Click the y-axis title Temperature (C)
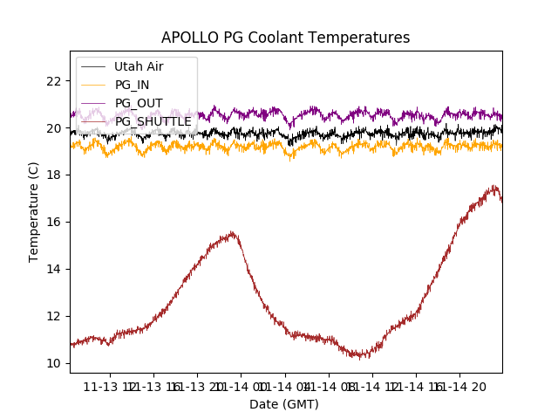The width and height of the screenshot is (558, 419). tap(34, 212)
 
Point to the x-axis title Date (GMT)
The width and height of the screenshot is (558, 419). tap(284, 404)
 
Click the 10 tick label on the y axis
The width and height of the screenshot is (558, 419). tap(53, 363)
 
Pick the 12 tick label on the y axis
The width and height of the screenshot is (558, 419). tap(53, 316)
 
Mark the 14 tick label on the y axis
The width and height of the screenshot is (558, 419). tap(53, 269)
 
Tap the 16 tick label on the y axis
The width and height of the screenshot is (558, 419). tap(53, 222)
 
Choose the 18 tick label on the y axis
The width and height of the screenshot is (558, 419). tap(53, 175)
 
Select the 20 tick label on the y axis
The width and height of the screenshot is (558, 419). tap(53, 128)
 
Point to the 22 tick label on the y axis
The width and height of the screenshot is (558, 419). tap(53, 81)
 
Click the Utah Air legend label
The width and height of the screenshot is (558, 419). tap(139, 66)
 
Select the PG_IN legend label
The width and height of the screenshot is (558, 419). tap(133, 85)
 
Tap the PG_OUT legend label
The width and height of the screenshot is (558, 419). tap(139, 103)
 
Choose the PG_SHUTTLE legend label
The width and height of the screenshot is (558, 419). tap(153, 121)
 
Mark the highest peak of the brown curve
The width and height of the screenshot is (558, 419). tap(494, 185)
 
